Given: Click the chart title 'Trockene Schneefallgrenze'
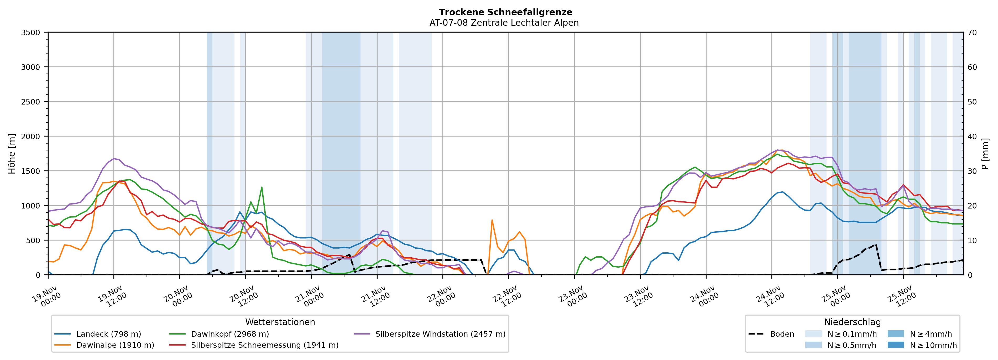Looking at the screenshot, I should point(505,12).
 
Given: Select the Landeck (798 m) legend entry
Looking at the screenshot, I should point(108,334).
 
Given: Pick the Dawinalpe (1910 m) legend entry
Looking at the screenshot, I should point(115,345).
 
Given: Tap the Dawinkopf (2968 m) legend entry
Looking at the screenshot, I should point(230,334).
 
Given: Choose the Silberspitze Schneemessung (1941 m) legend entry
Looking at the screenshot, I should point(265,345).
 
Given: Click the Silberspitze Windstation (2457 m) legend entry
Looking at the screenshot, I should point(440,334).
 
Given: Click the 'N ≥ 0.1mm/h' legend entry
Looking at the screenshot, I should point(851,334).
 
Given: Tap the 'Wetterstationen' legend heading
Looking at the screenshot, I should point(280,322).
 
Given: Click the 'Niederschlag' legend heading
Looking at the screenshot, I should point(852,322).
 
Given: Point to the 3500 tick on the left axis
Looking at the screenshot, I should point(31,33).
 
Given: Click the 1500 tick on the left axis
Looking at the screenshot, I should point(31,171).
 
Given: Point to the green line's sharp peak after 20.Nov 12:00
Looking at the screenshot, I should point(262,187).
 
